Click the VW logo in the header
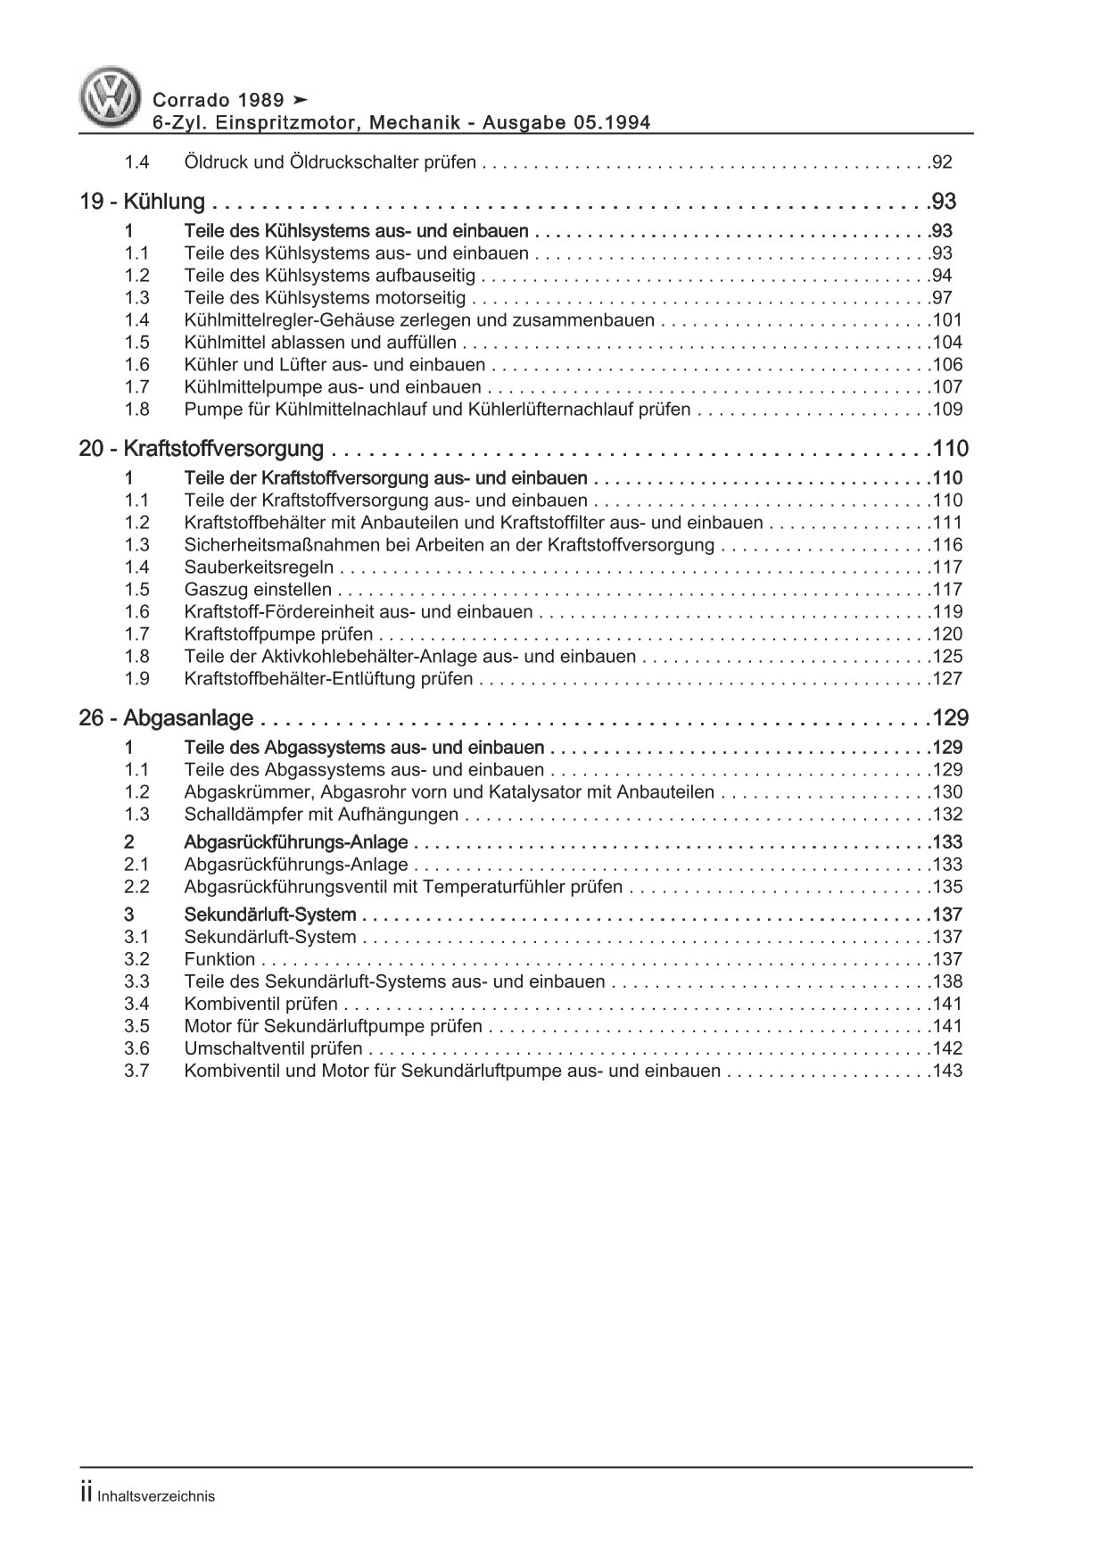[112, 97]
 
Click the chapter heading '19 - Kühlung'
[142, 203]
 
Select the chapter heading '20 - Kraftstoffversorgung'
[201, 449]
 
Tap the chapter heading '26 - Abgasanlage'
[166, 718]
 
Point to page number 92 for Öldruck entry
[941, 163]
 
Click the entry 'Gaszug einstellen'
[258, 590]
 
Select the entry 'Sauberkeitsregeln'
[259, 567]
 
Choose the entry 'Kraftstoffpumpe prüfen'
[279, 634]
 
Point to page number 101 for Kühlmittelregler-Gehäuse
[946, 320]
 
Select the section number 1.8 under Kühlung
[136, 410]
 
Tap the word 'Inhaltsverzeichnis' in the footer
[157, 1497]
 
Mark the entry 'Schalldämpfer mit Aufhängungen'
[321, 815]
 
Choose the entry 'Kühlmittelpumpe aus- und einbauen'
[332, 387]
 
